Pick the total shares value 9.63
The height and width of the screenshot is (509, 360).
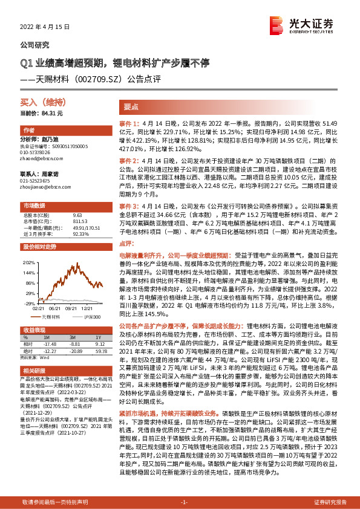pyautogui.click(x=76, y=215)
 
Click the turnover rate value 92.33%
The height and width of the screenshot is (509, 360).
pyautogui.click(x=80, y=233)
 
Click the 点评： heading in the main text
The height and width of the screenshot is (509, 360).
pyautogui.click(x=126, y=242)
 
